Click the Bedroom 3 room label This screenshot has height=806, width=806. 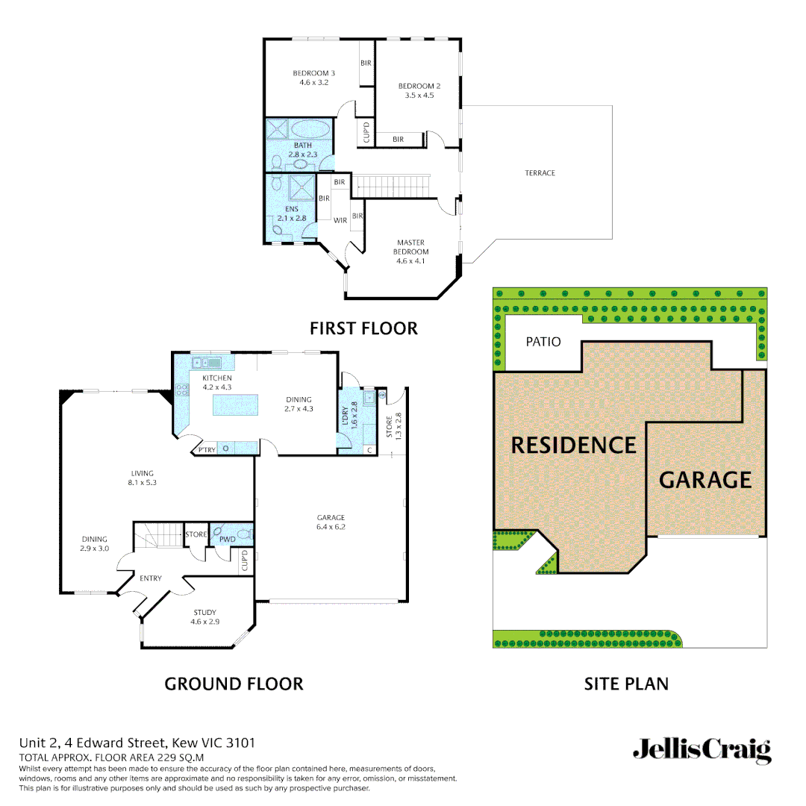(x=313, y=73)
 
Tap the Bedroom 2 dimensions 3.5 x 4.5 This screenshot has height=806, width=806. (x=419, y=96)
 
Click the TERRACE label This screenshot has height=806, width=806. (x=540, y=173)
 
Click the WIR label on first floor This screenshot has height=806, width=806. (x=340, y=220)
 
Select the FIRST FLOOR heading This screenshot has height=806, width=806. (x=363, y=328)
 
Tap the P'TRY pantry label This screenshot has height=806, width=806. (x=207, y=449)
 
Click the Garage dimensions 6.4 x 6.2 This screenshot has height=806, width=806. (x=331, y=527)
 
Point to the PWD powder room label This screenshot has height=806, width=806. (x=227, y=538)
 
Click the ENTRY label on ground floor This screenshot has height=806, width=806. (x=150, y=578)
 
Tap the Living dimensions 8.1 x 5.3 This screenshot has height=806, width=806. (x=142, y=483)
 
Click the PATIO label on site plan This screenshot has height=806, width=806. (x=543, y=342)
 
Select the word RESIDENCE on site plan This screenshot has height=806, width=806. (x=573, y=446)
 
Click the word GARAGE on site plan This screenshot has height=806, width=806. (x=705, y=479)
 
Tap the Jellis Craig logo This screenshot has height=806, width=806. (x=702, y=750)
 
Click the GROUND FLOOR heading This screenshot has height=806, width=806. (x=234, y=684)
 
